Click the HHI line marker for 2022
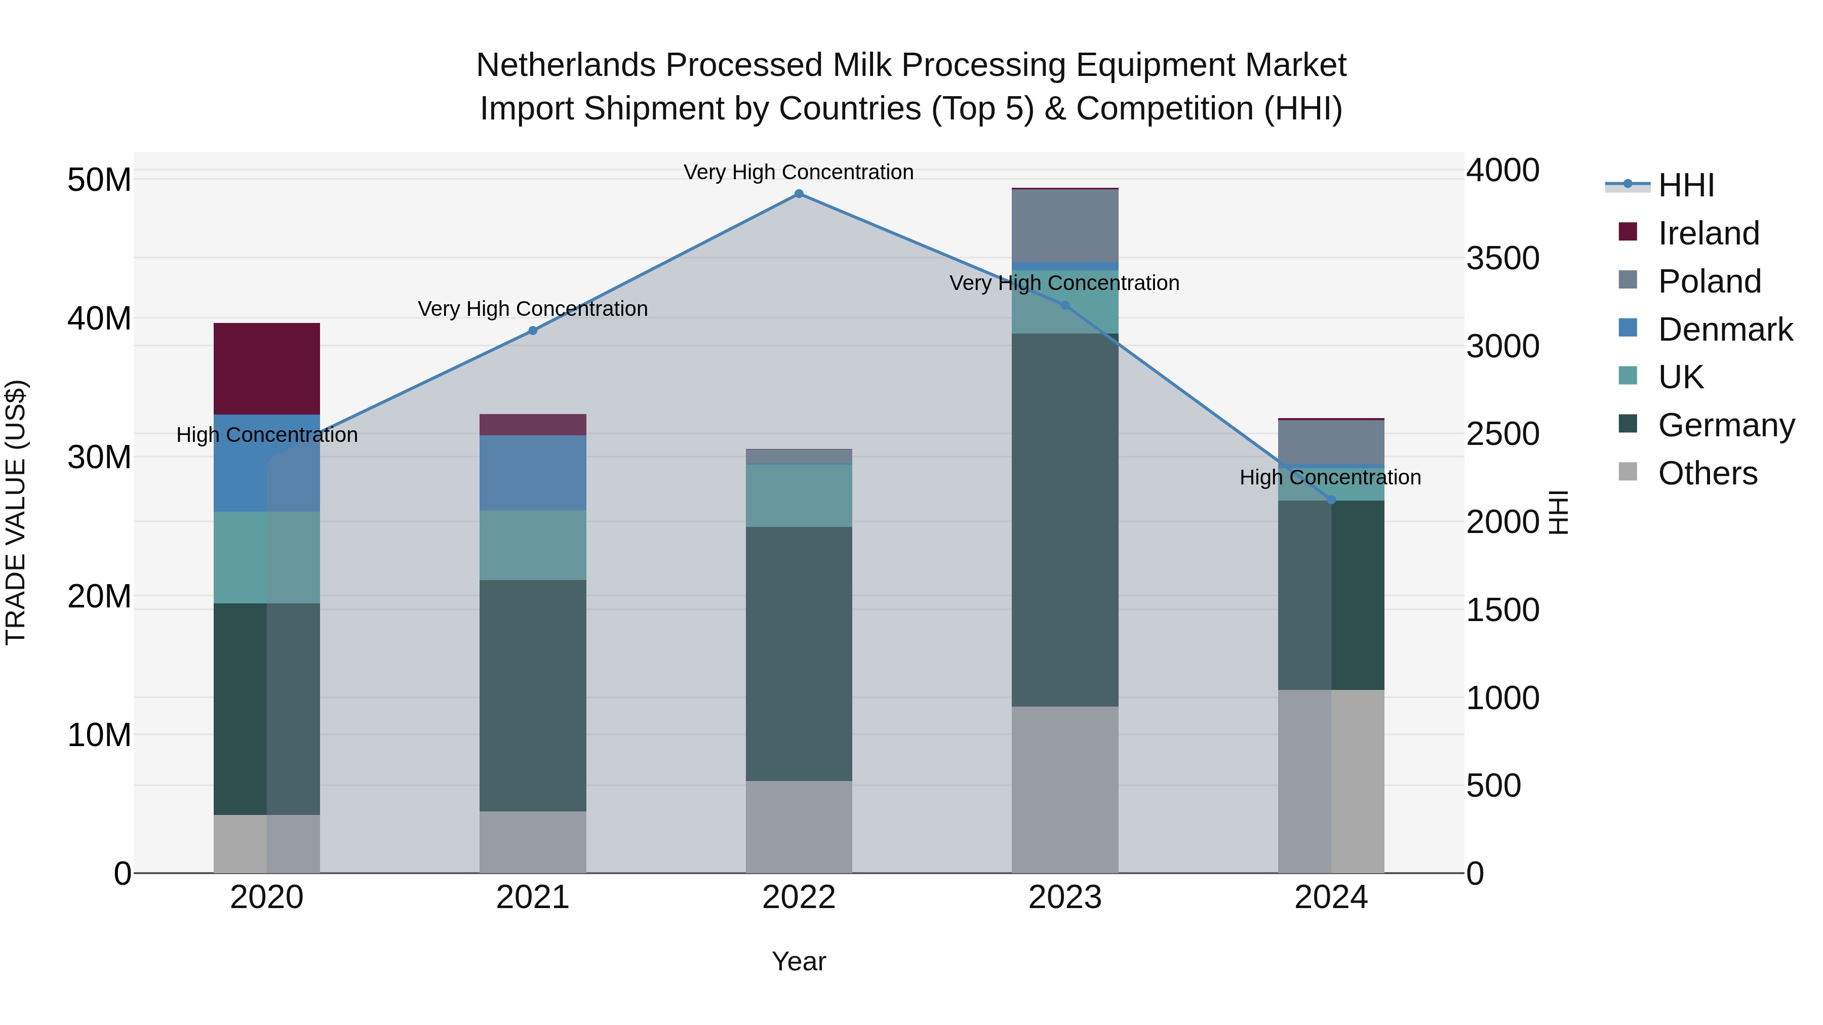tap(799, 194)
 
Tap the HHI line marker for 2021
tap(533, 331)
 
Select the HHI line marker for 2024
tap(1331, 500)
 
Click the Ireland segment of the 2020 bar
tap(267, 368)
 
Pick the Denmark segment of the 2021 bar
tap(533, 473)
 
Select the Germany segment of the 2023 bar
tap(1065, 520)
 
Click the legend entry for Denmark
tap(1725, 330)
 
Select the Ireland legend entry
tap(1708, 233)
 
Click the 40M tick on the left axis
tap(99, 318)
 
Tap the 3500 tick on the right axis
tap(1502, 258)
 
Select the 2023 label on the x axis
tap(1065, 897)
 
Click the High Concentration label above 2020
tap(267, 434)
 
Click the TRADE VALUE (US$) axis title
tap(16, 512)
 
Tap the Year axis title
tap(799, 961)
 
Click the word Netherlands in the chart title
tap(566, 65)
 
